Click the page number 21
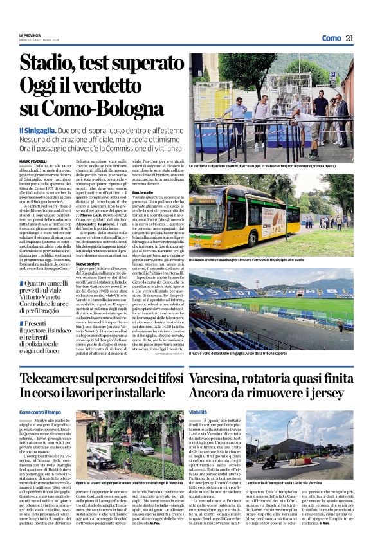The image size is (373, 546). (349, 38)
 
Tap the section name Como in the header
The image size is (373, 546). (331, 38)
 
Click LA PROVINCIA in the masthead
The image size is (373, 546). (31, 35)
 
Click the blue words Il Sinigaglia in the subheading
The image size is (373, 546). (41, 130)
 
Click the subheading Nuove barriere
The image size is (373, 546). (88, 264)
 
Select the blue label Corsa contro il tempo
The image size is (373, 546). (40, 411)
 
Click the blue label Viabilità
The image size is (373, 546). (198, 411)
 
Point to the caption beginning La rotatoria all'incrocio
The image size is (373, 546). (284, 482)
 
